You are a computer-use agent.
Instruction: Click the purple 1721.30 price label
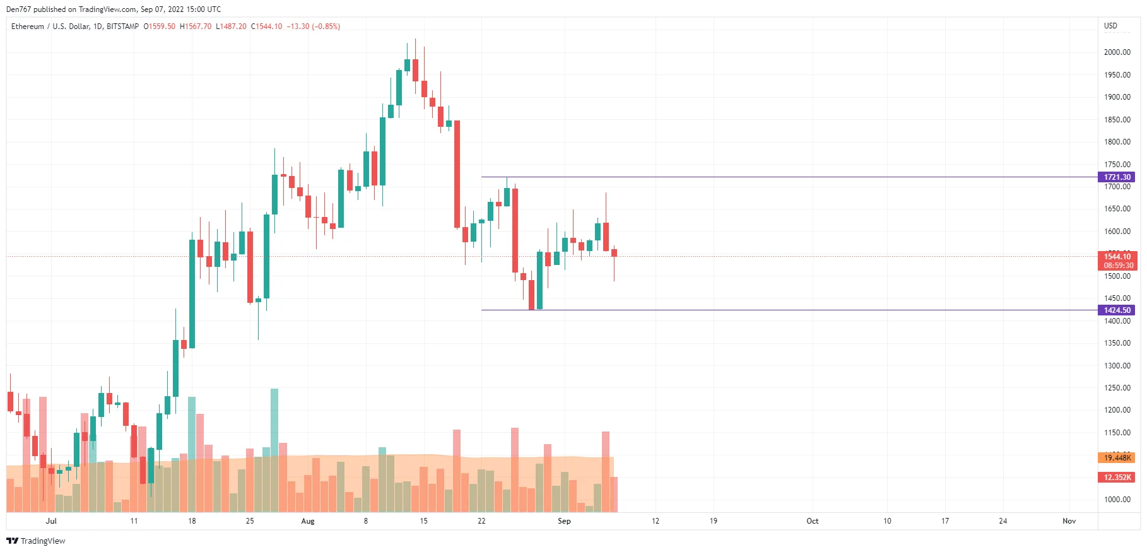[x=1117, y=177]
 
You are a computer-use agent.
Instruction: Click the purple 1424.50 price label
[x=1117, y=310]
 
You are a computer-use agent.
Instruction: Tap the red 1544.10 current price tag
[x=1117, y=257]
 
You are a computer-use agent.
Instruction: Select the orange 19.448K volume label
[x=1117, y=458]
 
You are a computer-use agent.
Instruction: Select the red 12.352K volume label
[x=1117, y=478]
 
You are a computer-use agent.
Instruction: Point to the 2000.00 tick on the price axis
[x=1117, y=52]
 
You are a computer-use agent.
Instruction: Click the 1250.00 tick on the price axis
[x=1117, y=388]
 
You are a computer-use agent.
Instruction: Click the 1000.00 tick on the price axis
[x=1117, y=500]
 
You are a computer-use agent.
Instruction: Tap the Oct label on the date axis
[x=812, y=521]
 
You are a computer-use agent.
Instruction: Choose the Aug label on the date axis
[x=307, y=521]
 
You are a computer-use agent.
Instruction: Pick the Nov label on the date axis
[x=1069, y=521]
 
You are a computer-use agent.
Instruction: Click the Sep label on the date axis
[x=564, y=521]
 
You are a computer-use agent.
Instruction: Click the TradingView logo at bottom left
[x=36, y=541]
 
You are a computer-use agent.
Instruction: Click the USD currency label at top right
[x=1110, y=26]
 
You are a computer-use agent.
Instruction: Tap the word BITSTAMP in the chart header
[x=122, y=26]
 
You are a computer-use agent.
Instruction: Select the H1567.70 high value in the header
[x=196, y=26]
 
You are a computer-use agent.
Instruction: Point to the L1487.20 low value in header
[x=231, y=26]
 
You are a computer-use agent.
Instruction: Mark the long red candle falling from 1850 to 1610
[x=457, y=173]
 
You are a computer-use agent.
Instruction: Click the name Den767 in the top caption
[x=18, y=9]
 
